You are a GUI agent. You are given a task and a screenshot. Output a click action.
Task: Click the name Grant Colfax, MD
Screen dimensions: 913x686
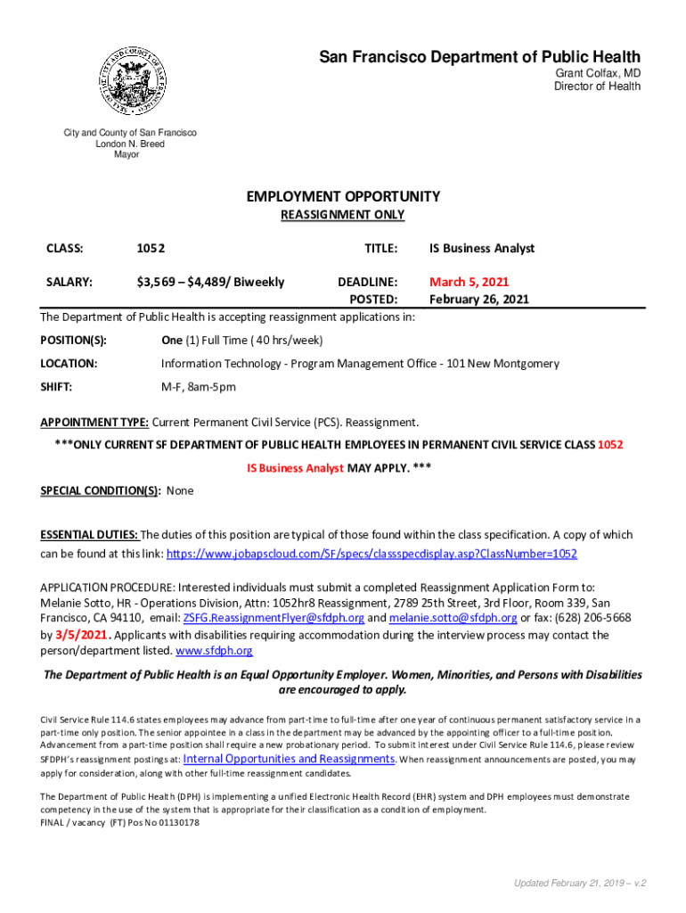598,73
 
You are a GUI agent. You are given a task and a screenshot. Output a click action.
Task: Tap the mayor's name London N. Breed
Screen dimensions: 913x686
130,144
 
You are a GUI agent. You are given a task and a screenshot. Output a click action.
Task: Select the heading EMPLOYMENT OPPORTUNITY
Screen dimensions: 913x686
343,196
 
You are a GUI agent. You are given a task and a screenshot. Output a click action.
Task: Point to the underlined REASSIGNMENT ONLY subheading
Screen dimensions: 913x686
343,215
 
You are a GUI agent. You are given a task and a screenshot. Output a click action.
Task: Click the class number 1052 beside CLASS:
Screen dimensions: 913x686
151,249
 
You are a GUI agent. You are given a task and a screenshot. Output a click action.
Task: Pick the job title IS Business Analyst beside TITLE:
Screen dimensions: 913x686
482,249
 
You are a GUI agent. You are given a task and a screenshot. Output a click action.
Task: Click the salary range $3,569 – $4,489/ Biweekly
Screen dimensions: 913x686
210,282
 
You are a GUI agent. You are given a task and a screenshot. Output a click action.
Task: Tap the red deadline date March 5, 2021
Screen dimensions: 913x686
470,282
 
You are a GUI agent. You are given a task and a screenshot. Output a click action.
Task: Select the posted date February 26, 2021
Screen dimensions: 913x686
479,300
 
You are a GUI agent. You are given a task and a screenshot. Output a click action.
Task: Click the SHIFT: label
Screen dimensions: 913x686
56,387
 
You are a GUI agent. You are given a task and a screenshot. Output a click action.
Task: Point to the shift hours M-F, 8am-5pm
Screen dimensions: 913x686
199,387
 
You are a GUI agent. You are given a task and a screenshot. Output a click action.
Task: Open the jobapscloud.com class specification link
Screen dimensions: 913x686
372,554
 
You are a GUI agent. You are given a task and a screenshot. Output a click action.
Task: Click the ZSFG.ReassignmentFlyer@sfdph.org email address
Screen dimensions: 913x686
274,618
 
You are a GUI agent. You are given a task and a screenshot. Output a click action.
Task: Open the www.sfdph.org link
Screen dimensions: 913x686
215,652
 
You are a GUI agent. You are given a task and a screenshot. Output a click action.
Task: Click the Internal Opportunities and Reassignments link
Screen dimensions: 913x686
289,759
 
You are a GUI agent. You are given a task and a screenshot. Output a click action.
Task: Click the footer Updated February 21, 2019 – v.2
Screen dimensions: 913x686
580,883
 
